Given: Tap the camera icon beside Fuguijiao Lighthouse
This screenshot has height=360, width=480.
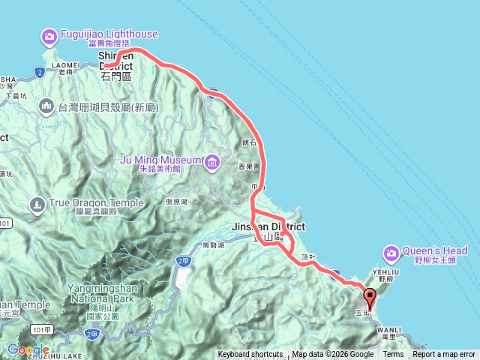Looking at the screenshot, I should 49,35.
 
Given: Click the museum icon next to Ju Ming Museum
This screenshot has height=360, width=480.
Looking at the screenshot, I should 212,160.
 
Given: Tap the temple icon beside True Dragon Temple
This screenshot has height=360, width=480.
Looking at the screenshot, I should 37,203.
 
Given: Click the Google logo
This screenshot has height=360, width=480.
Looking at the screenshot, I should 28,349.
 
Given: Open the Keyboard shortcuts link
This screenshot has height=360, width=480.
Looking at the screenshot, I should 250,355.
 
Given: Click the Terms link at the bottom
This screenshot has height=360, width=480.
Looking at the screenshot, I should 393,355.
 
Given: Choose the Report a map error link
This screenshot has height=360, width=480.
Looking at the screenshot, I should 444,355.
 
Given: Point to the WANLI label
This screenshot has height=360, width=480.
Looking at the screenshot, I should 388,328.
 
